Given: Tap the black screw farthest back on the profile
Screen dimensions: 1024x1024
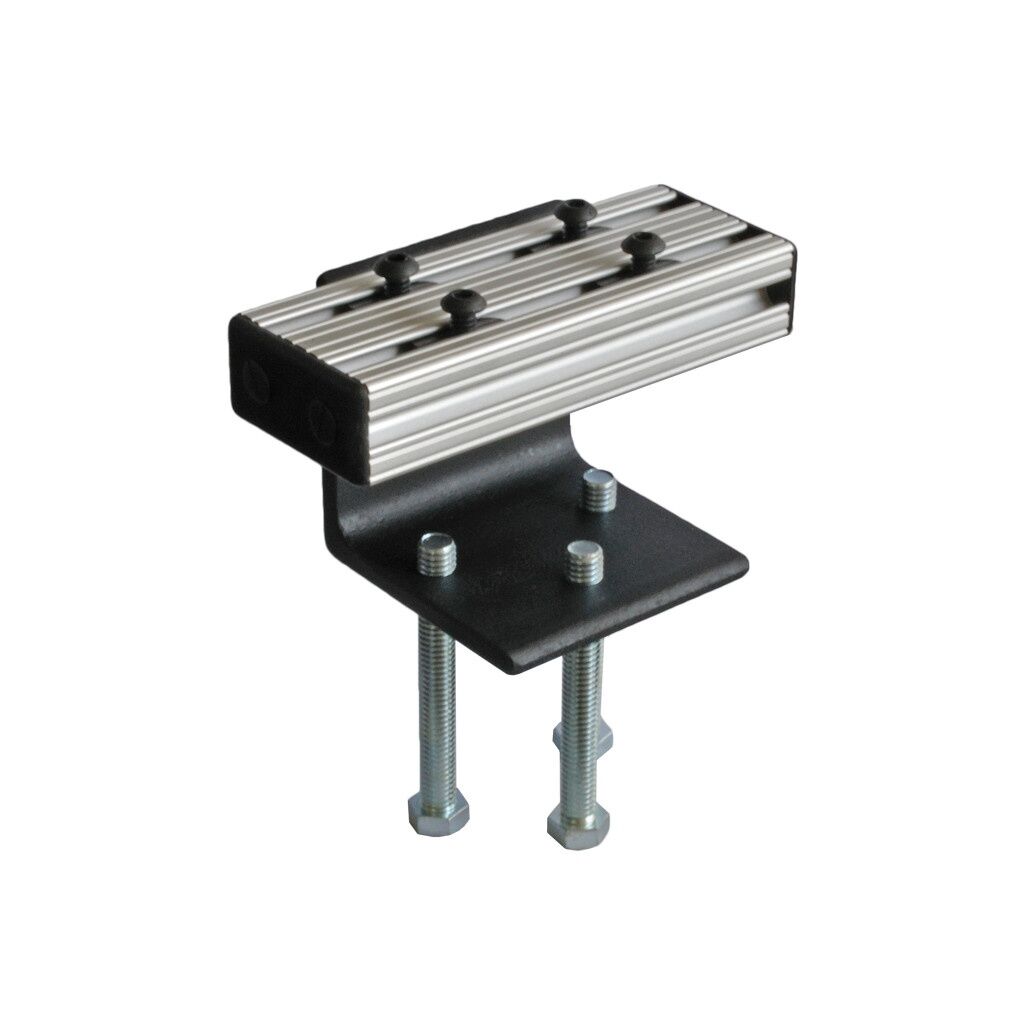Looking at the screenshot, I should click(573, 211).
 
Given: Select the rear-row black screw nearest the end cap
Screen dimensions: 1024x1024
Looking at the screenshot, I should click(395, 268).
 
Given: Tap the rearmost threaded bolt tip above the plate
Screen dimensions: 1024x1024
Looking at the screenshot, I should click(598, 491).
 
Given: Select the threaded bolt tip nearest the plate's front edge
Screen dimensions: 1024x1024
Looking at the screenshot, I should click(582, 561).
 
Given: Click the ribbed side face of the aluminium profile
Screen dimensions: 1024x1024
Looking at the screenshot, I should click(560, 360).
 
